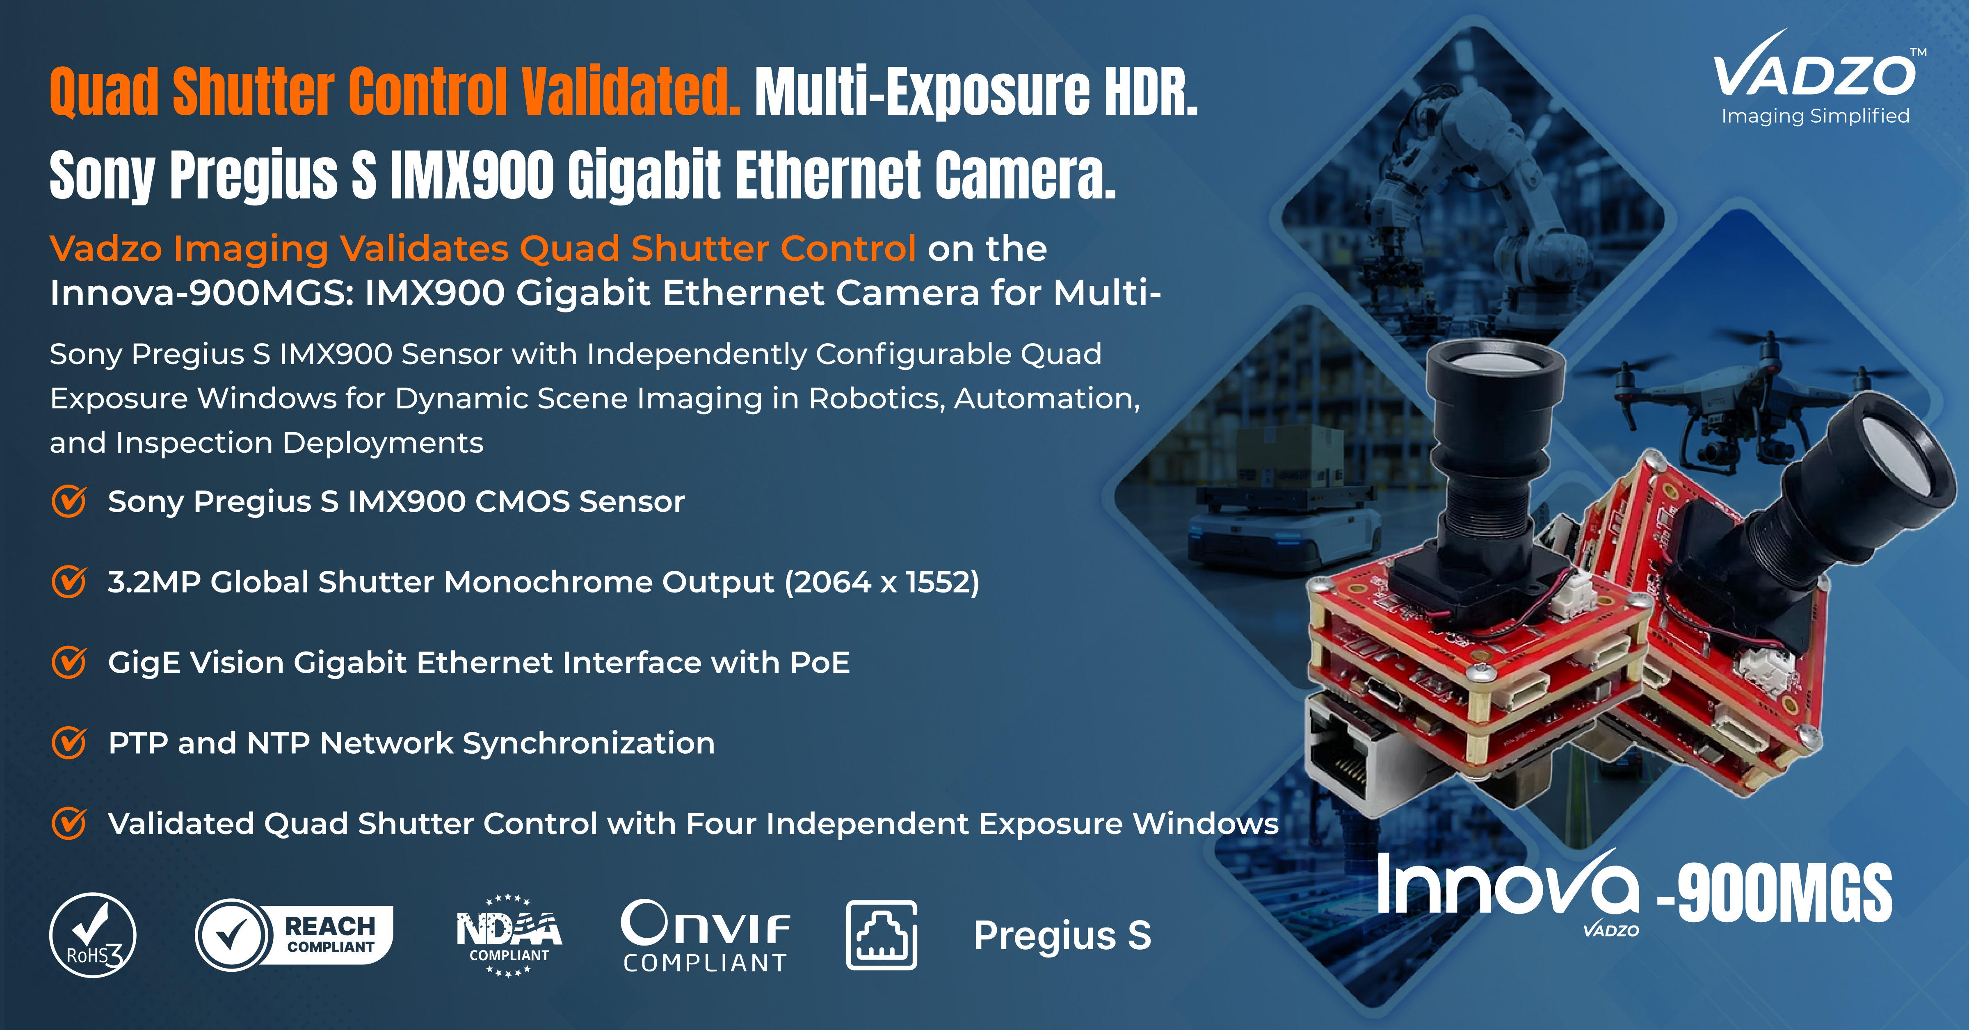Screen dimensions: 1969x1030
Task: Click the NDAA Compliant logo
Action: click(509, 935)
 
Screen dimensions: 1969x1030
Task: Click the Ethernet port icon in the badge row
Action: click(881, 935)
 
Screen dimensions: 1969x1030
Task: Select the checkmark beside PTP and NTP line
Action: click(69, 743)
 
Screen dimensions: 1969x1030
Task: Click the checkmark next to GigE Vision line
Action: click(69, 662)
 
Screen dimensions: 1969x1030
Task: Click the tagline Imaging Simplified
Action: click(1815, 116)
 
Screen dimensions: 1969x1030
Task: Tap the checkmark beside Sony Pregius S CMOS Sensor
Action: click(69, 501)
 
